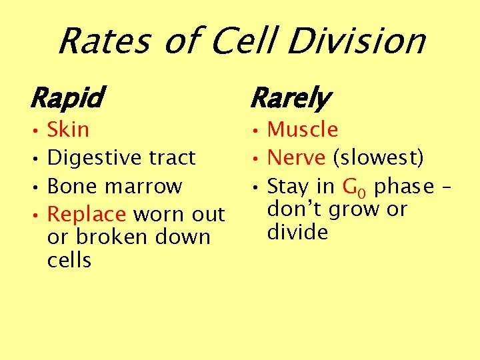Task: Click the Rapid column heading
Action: (66, 99)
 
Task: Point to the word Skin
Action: (68, 129)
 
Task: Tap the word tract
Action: (172, 158)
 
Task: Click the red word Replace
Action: (87, 215)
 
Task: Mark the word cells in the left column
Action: (69, 260)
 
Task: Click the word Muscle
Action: (303, 129)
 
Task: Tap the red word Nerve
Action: (296, 158)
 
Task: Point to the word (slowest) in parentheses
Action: (378, 158)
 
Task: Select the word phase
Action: (403, 186)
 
